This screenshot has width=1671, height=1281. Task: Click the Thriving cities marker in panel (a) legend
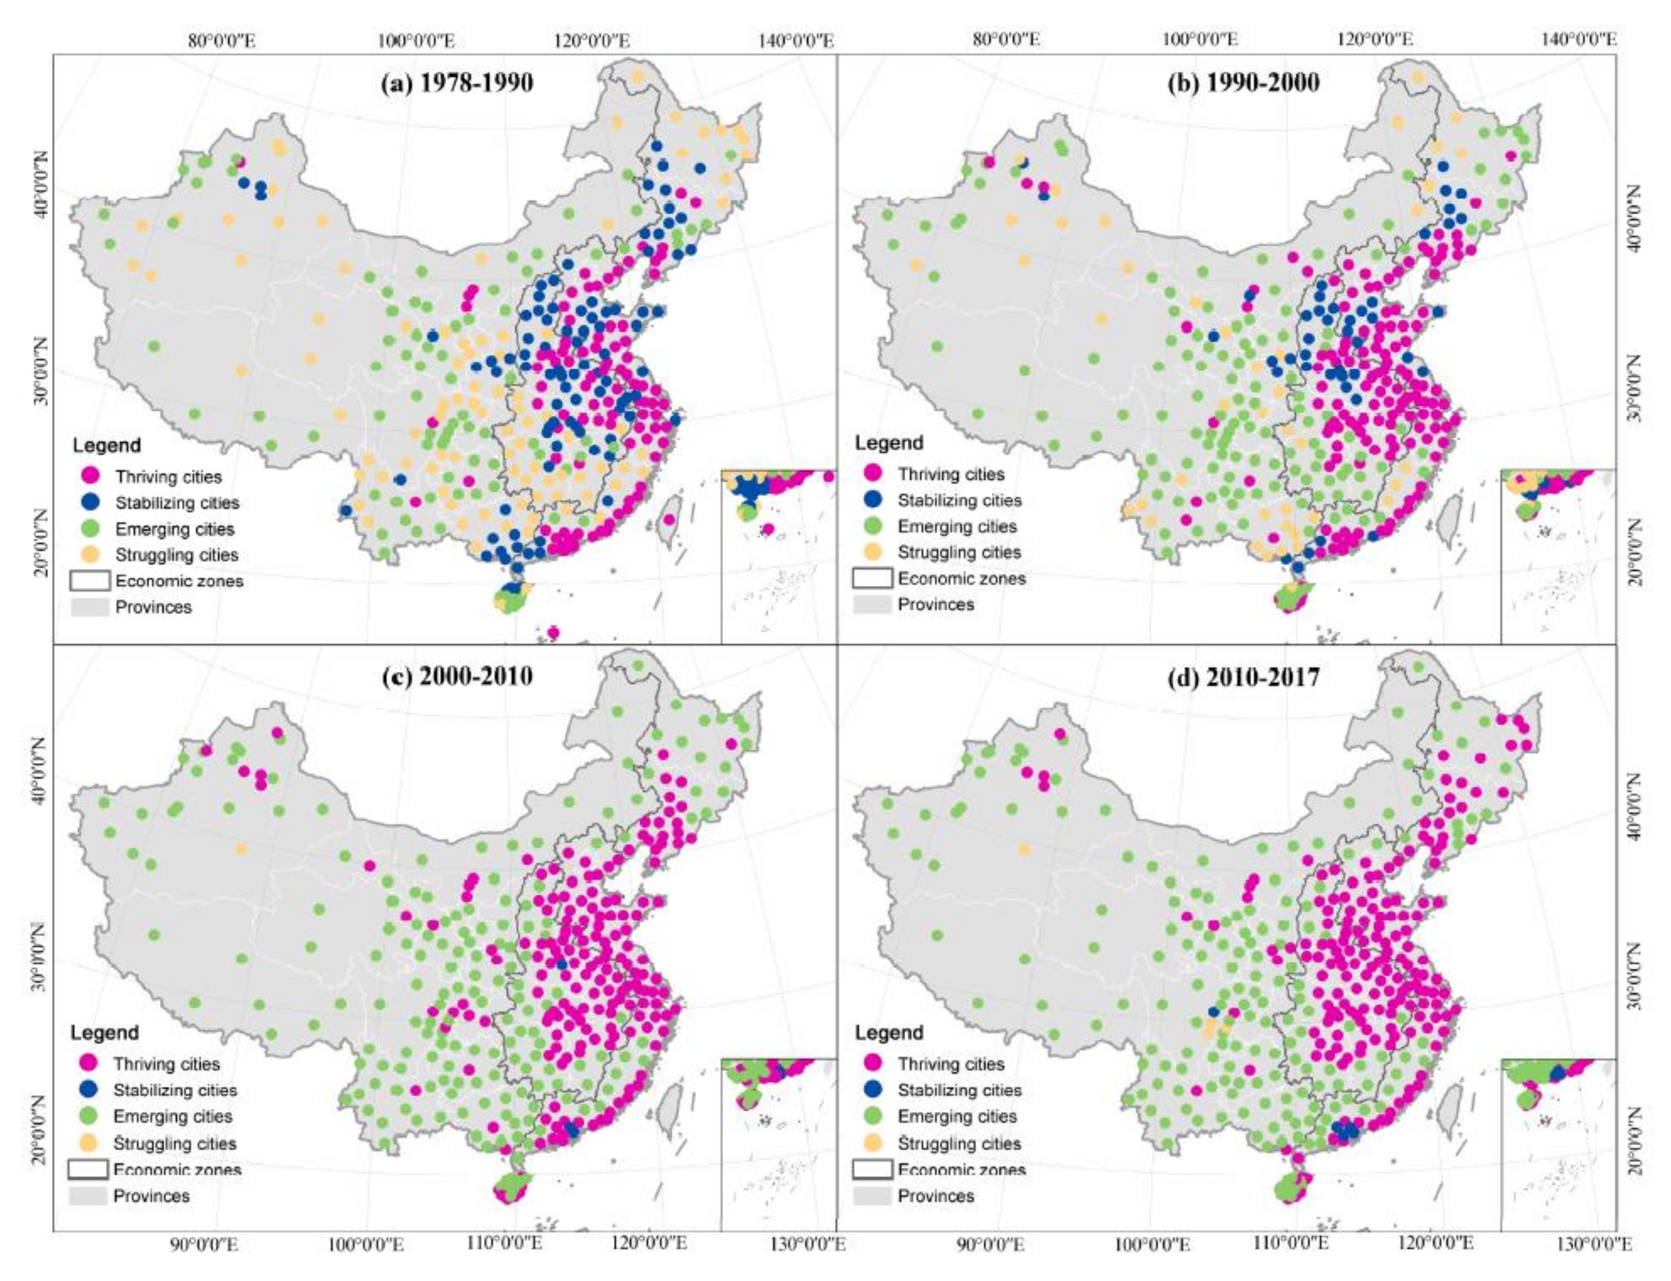tap(92, 476)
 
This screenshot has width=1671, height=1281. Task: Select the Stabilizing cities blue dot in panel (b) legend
tap(873, 500)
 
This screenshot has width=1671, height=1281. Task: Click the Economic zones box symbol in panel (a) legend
tap(90, 581)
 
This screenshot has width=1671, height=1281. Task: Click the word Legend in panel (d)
tap(888, 1032)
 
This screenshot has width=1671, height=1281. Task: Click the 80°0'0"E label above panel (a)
tap(221, 39)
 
